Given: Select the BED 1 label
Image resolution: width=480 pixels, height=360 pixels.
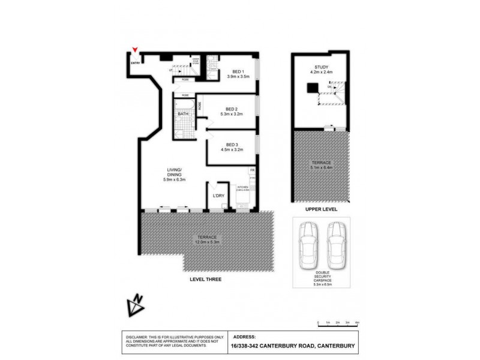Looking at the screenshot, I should point(233,72).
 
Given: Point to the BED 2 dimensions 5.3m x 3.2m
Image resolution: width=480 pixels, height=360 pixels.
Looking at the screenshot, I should point(232,113).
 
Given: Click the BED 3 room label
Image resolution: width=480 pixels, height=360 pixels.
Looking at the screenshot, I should point(233,145).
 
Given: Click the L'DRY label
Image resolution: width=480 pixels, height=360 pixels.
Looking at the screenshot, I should point(218,196).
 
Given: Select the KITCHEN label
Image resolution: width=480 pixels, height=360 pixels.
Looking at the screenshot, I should point(242,187).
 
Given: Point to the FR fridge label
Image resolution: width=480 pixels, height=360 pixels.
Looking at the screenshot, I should point(252,171).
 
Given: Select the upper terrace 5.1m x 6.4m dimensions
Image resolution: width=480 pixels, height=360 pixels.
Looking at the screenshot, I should point(320,168).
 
